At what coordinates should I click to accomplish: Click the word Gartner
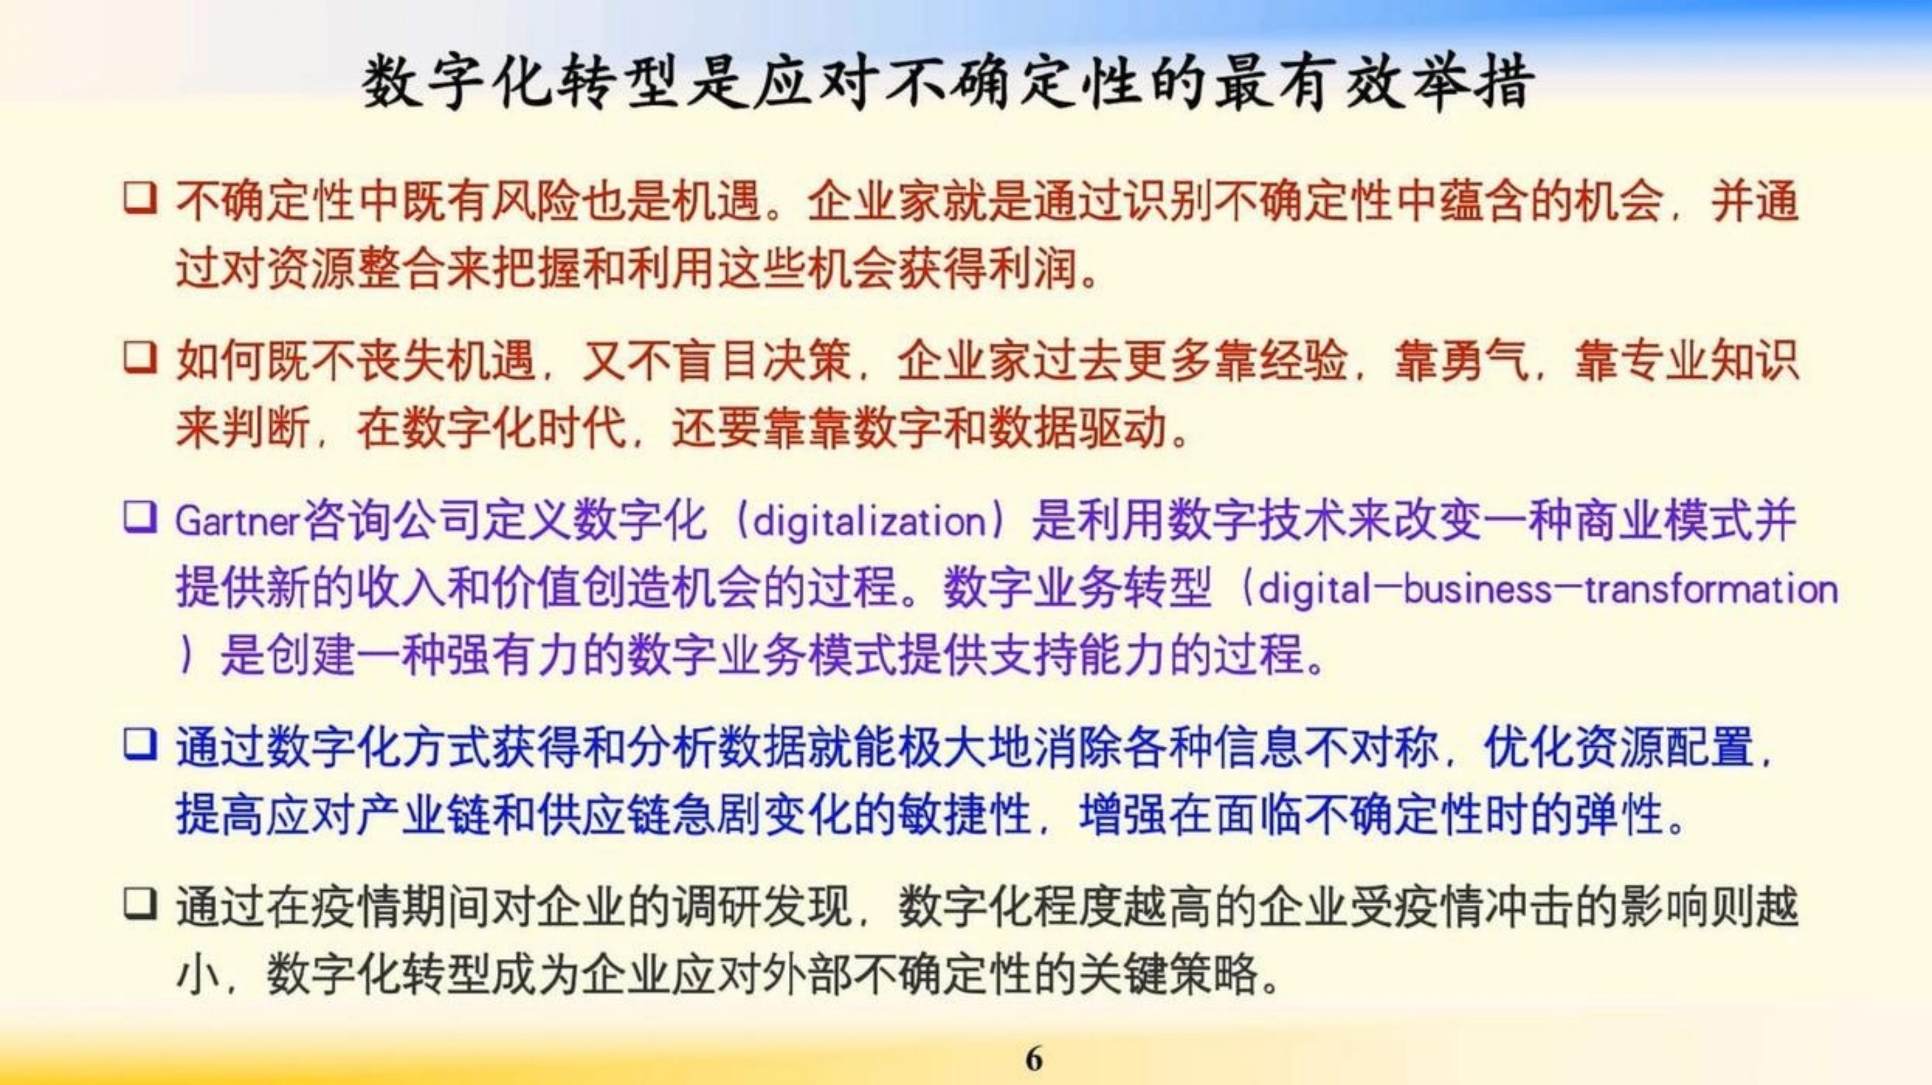tap(238, 522)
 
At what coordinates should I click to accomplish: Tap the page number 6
tap(1033, 1059)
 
